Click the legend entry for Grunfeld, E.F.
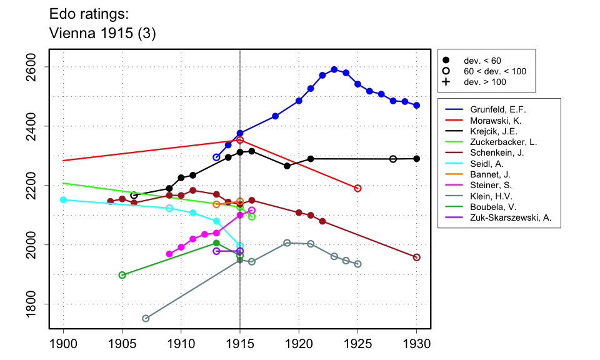(494, 109)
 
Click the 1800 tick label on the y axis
(36, 304)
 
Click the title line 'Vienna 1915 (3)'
(102, 34)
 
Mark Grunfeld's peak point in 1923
(334, 69)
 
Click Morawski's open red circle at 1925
(357, 188)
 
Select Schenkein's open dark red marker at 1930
(417, 257)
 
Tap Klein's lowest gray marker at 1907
(146, 319)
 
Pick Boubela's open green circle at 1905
(122, 275)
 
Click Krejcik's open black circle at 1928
(393, 159)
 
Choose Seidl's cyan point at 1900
(63, 200)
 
